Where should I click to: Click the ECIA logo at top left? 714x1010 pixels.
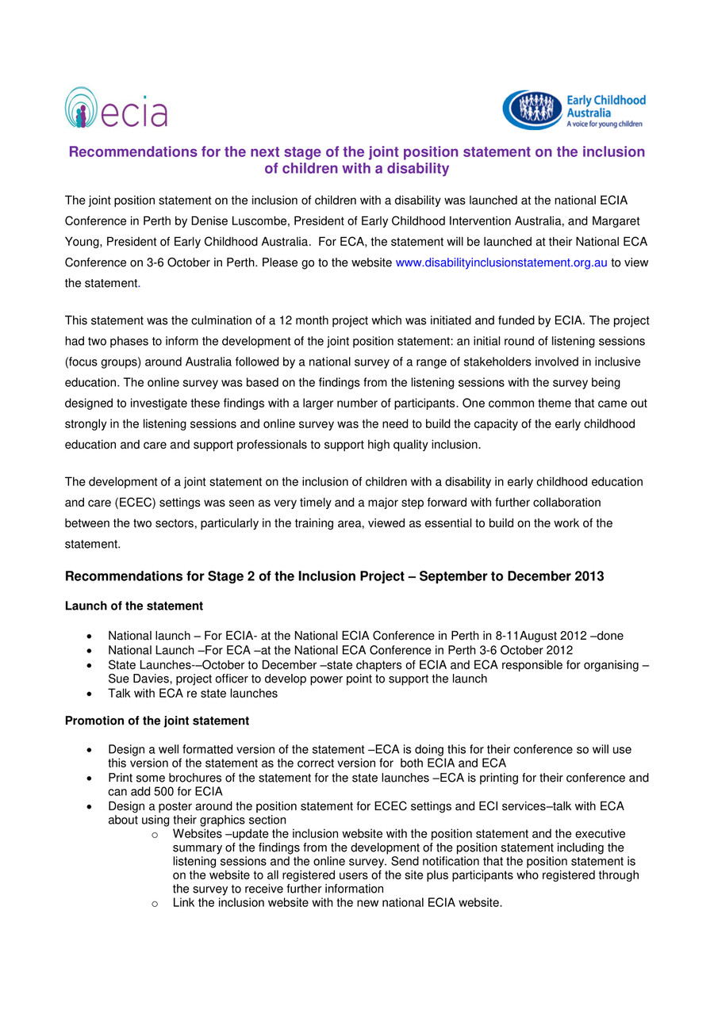(x=116, y=108)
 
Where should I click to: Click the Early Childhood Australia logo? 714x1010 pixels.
(x=574, y=110)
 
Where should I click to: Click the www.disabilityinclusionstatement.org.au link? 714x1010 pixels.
(x=501, y=262)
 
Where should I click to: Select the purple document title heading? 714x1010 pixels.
(x=356, y=160)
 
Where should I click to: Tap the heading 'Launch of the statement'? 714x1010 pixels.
(x=133, y=606)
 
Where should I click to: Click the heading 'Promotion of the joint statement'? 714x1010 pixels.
(x=156, y=721)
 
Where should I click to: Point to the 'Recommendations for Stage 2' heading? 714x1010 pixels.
(x=334, y=576)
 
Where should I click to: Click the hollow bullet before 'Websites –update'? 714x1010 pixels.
(x=155, y=834)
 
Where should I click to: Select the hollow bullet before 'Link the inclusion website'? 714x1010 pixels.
(x=155, y=904)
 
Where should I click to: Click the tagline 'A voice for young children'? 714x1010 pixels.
(x=604, y=124)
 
